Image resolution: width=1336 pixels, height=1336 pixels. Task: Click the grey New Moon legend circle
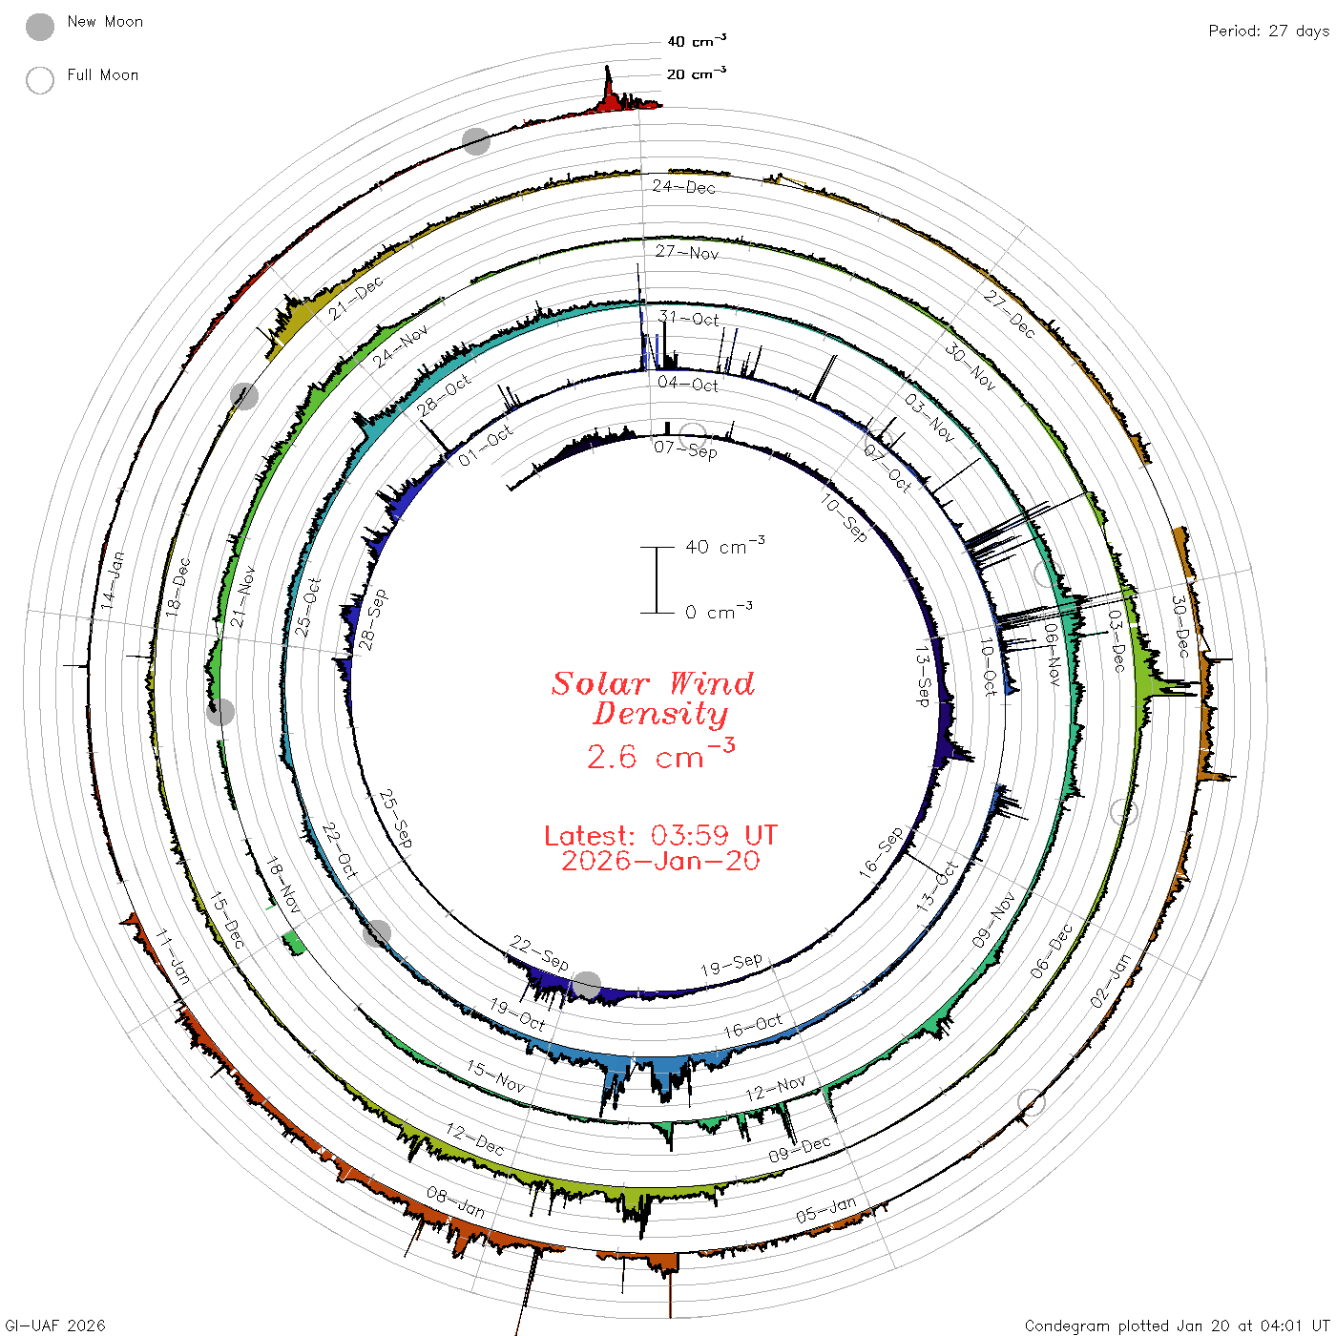pos(40,27)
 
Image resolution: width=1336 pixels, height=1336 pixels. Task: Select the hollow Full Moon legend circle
pos(40,80)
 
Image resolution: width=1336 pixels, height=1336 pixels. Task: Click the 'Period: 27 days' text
pos(1269,31)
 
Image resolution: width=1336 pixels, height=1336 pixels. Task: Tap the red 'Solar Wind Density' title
pos(653,699)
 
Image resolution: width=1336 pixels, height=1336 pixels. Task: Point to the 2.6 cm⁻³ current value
pos(660,754)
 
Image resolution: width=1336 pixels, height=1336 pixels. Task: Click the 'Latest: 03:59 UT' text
pos(660,835)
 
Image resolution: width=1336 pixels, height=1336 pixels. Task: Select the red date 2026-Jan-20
pos(660,861)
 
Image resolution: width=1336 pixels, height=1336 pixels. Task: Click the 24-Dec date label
pos(684,186)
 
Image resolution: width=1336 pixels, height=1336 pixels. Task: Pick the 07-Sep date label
pos(686,449)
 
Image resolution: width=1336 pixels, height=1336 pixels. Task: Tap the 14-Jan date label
pos(113,580)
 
